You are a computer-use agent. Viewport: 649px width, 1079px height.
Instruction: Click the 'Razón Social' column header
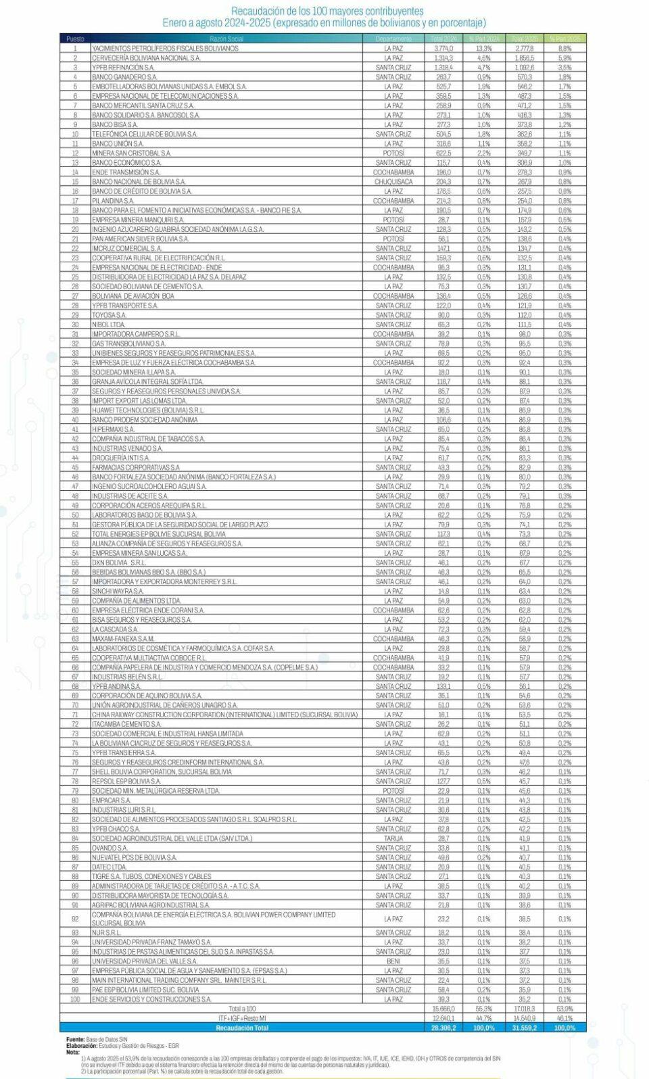[226, 39]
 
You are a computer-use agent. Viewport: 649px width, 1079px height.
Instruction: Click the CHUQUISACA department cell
[393, 182]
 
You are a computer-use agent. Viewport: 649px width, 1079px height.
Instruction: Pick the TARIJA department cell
[393, 838]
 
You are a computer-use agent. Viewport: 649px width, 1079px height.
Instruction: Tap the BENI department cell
[393, 961]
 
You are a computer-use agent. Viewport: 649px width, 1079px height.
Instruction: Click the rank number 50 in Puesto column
[76, 515]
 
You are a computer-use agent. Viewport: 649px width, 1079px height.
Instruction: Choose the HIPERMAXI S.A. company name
[113, 429]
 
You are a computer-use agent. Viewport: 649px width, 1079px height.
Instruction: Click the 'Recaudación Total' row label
[241, 1028]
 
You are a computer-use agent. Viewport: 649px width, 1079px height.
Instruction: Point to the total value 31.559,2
[524, 1028]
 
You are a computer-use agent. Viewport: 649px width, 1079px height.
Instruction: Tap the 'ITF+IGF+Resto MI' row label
[241, 1018]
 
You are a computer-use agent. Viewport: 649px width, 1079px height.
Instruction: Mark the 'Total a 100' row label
[241, 1009]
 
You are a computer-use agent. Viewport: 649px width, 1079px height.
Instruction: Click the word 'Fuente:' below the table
[75, 1039]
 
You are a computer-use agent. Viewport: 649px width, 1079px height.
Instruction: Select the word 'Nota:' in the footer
[72, 1051]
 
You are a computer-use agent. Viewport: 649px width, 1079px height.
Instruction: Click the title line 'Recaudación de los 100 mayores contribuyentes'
[327, 11]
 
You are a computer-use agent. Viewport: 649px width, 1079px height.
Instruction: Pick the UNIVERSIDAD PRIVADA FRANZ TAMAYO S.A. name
[151, 942]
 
